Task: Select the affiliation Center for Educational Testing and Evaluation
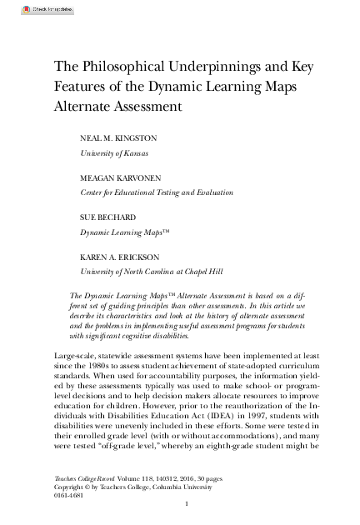(x=145, y=192)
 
